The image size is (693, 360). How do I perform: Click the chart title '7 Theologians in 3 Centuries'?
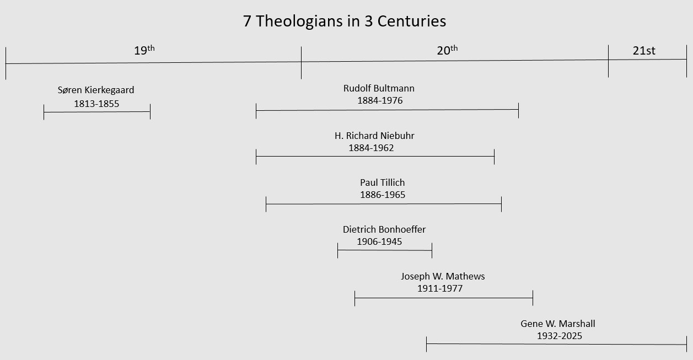point(345,22)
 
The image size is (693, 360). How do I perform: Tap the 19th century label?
point(144,51)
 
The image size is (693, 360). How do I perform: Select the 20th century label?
point(447,51)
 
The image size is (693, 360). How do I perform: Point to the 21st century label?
point(644,51)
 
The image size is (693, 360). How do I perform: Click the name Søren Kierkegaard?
point(96,90)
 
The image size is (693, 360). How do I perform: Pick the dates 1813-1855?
point(96,103)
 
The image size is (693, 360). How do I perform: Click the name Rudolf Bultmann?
point(379,88)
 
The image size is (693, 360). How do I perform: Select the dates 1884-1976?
point(380,100)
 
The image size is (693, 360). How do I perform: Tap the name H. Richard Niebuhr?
point(374,136)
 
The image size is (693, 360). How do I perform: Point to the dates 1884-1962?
point(371,148)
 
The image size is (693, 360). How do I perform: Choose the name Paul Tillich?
point(383,182)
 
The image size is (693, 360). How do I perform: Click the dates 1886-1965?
point(383,195)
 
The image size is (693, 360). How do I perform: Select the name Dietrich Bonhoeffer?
point(384,229)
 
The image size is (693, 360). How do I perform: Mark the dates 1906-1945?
point(379,241)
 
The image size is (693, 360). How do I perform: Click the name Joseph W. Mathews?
point(443,276)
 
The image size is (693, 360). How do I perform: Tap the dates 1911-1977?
point(440,288)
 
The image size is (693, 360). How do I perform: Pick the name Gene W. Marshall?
point(558,324)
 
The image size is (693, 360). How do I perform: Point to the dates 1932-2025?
point(560,336)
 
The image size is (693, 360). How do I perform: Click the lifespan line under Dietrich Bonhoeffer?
point(384,250)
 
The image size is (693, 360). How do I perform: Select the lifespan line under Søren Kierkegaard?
point(96,112)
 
